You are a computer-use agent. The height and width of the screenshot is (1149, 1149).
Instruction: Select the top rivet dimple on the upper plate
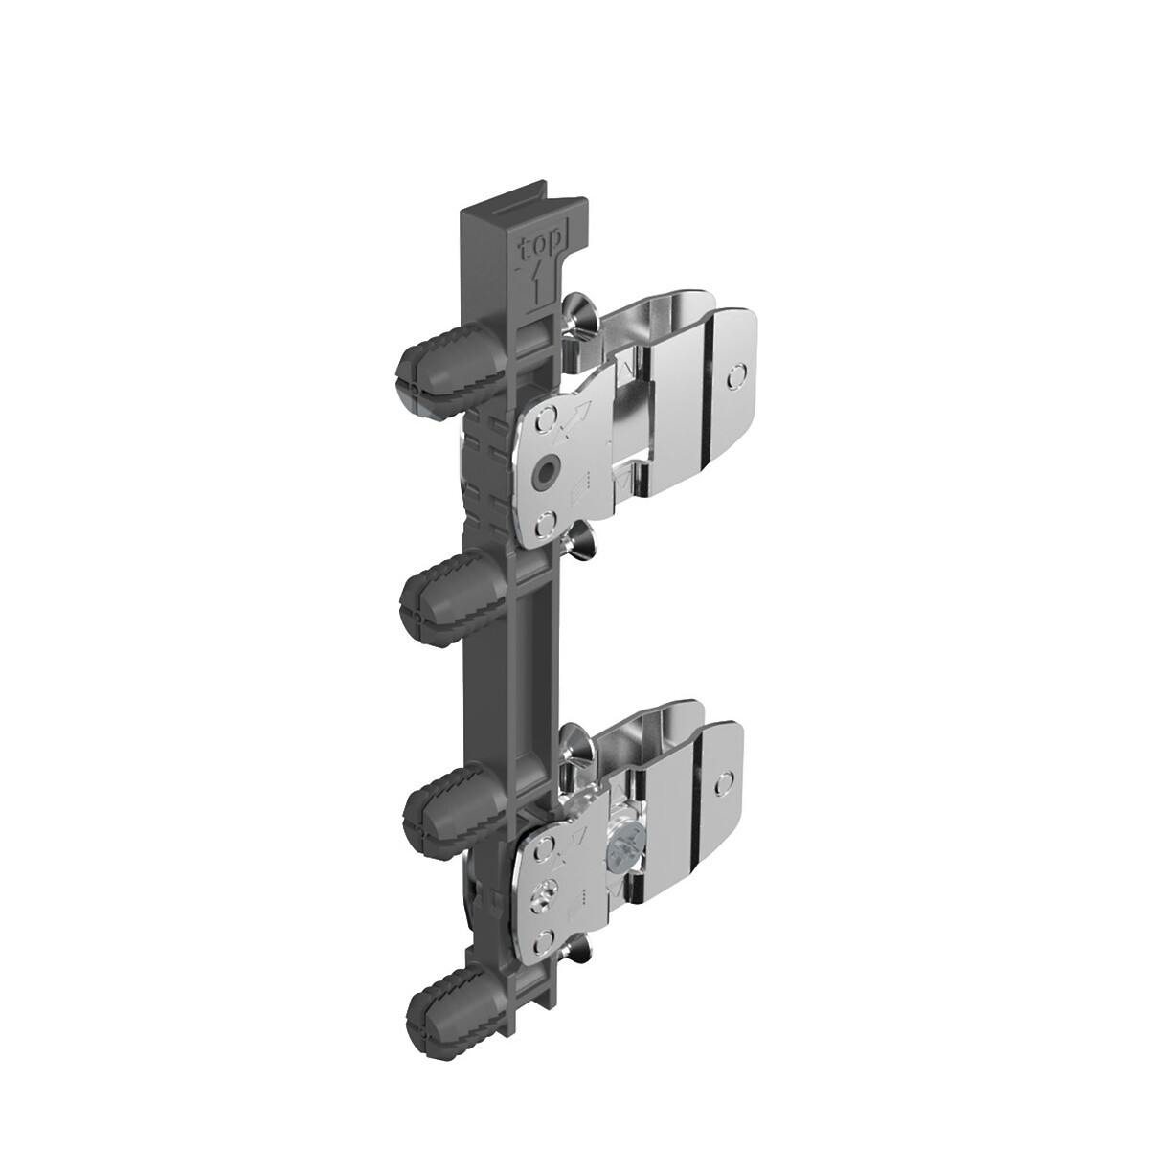[x=545, y=421]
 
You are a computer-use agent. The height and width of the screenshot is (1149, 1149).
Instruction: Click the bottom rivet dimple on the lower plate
[x=544, y=939]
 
